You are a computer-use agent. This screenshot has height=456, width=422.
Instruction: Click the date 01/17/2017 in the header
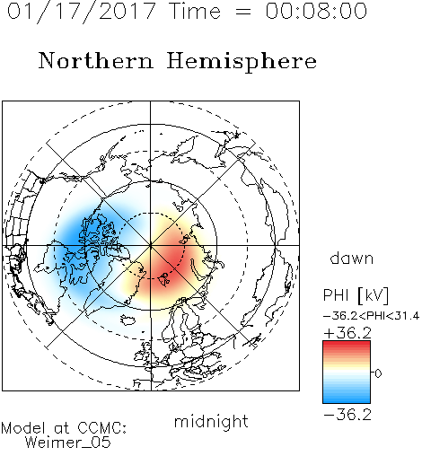[81, 12]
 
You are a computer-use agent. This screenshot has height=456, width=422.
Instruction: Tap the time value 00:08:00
[316, 11]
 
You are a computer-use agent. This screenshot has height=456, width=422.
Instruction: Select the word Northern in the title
[96, 60]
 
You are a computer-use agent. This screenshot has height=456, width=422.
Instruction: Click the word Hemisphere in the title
[242, 62]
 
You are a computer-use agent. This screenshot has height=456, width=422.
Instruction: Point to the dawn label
[352, 258]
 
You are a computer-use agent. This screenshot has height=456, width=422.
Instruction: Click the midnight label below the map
[211, 421]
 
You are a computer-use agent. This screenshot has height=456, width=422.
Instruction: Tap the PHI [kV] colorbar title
[356, 295]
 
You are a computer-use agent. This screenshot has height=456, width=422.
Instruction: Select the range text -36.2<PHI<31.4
[371, 316]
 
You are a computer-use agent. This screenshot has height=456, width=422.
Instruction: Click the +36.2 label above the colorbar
[347, 333]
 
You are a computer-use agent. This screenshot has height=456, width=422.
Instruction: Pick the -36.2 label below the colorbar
[347, 415]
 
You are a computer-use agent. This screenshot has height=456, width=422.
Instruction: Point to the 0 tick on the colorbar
[378, 373]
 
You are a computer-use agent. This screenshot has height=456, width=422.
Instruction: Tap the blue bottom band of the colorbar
[347, 398]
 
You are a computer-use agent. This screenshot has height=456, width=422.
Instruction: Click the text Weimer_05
[67, 443]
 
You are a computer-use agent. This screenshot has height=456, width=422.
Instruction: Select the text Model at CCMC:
[64, 428]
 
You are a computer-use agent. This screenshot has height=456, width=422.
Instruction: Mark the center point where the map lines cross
[151, 246]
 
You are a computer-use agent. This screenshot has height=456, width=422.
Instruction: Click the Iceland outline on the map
[128, 320]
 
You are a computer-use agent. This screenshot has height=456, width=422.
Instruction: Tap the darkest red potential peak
[169, 263]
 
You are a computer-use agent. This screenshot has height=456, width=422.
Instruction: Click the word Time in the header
[195, 11]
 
